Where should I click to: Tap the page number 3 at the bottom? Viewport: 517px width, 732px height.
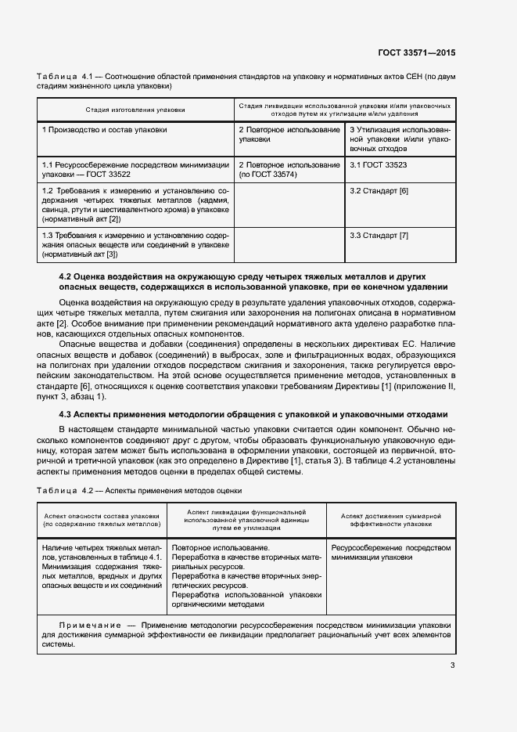tap(452, 665)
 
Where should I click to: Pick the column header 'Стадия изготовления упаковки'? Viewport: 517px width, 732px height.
tap(135, 110)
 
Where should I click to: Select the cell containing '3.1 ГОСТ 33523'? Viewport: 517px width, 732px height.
tap(379, 165)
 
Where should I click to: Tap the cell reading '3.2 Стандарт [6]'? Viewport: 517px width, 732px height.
tap(379, 191)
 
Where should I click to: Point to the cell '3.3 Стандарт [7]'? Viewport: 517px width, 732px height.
tap(379, 236)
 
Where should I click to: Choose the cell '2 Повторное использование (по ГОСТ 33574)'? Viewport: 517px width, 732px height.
tap(289, 170)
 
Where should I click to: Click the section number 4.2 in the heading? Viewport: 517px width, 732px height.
tap(66, 276)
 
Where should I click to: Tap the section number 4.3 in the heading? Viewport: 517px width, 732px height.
tap(66, 414)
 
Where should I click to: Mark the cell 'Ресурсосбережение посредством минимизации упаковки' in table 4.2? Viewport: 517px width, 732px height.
tap(391, 553)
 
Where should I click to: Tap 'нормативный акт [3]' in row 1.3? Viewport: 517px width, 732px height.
tap(81, 254)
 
